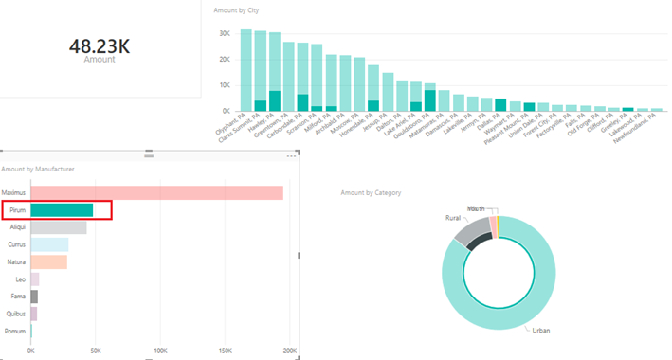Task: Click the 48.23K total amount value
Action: (100, 45)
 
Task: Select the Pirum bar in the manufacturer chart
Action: (62, 210)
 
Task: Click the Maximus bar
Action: (156, 192)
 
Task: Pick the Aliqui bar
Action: (59, 227)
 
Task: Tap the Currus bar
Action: (49, 244)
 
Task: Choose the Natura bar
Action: (49, 261)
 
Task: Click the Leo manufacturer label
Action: (20, 279)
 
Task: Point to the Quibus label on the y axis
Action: (16, 314)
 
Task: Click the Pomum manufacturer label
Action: (16, 331)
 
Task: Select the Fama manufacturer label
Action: (18, 297)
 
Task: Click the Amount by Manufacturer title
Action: (38, 169)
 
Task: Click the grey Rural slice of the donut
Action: (471, 228)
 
